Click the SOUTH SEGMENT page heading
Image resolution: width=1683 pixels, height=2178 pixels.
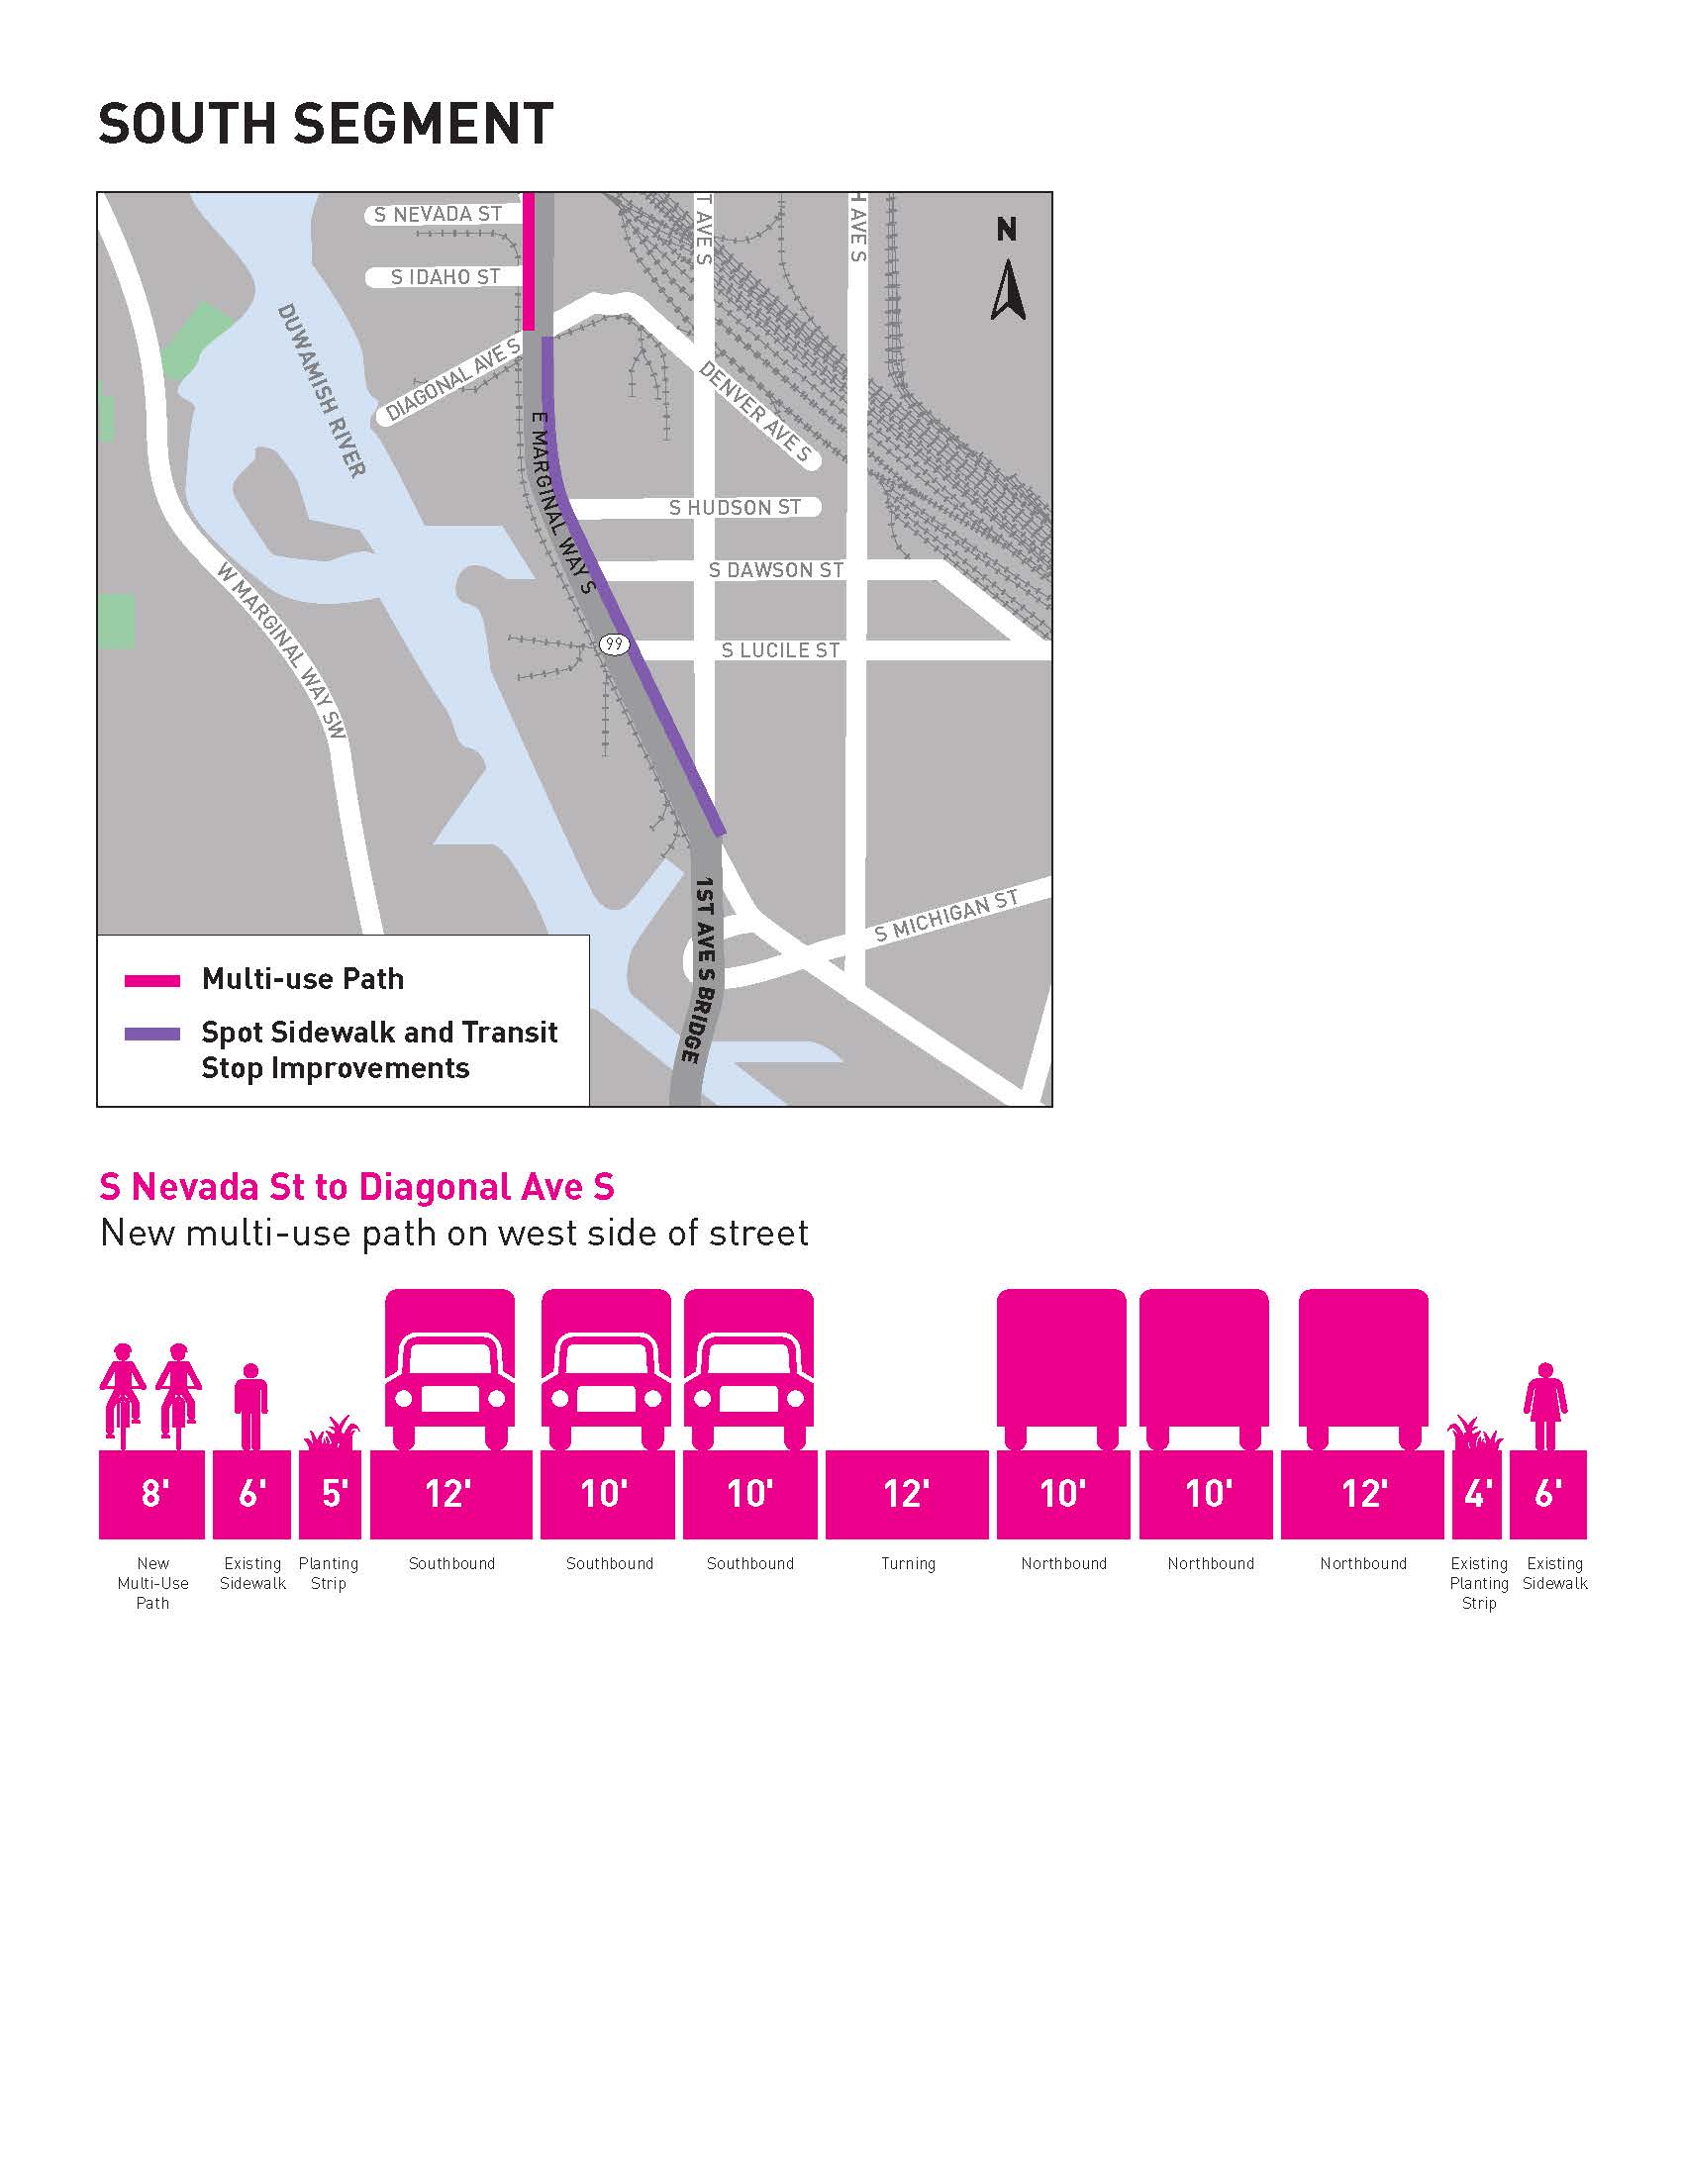[x=325, y=125]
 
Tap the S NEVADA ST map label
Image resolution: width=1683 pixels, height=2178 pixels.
[x=438, y=215]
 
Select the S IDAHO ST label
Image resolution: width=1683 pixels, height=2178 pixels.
[x=445, y=277]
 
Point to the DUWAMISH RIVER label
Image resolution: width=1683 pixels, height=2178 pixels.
[x=321, y=390]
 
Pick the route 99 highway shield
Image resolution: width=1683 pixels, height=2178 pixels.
[x=614, y=645]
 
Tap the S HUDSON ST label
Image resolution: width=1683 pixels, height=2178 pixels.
[x=734, y=508]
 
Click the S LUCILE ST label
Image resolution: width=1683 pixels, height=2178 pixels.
[x=780, y=650]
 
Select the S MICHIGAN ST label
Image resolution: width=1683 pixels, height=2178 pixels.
[x=946, y=916]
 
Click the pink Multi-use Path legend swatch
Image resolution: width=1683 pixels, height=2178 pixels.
[x=151, y=980]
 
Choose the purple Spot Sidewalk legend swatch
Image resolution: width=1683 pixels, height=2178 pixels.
[x=151, y=1035]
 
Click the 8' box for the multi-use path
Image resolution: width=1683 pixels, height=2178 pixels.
[x=151, y=1493]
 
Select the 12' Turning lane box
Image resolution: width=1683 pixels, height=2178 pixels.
[x=906, y=1493]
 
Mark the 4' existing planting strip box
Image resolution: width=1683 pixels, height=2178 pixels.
[x=1476, y=1493]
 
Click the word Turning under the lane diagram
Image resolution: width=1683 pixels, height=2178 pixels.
[x=907, y=1563]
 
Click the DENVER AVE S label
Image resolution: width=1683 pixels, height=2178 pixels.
[x=755, y=413]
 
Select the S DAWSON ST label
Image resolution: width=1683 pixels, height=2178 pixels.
[x=776, y=570]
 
